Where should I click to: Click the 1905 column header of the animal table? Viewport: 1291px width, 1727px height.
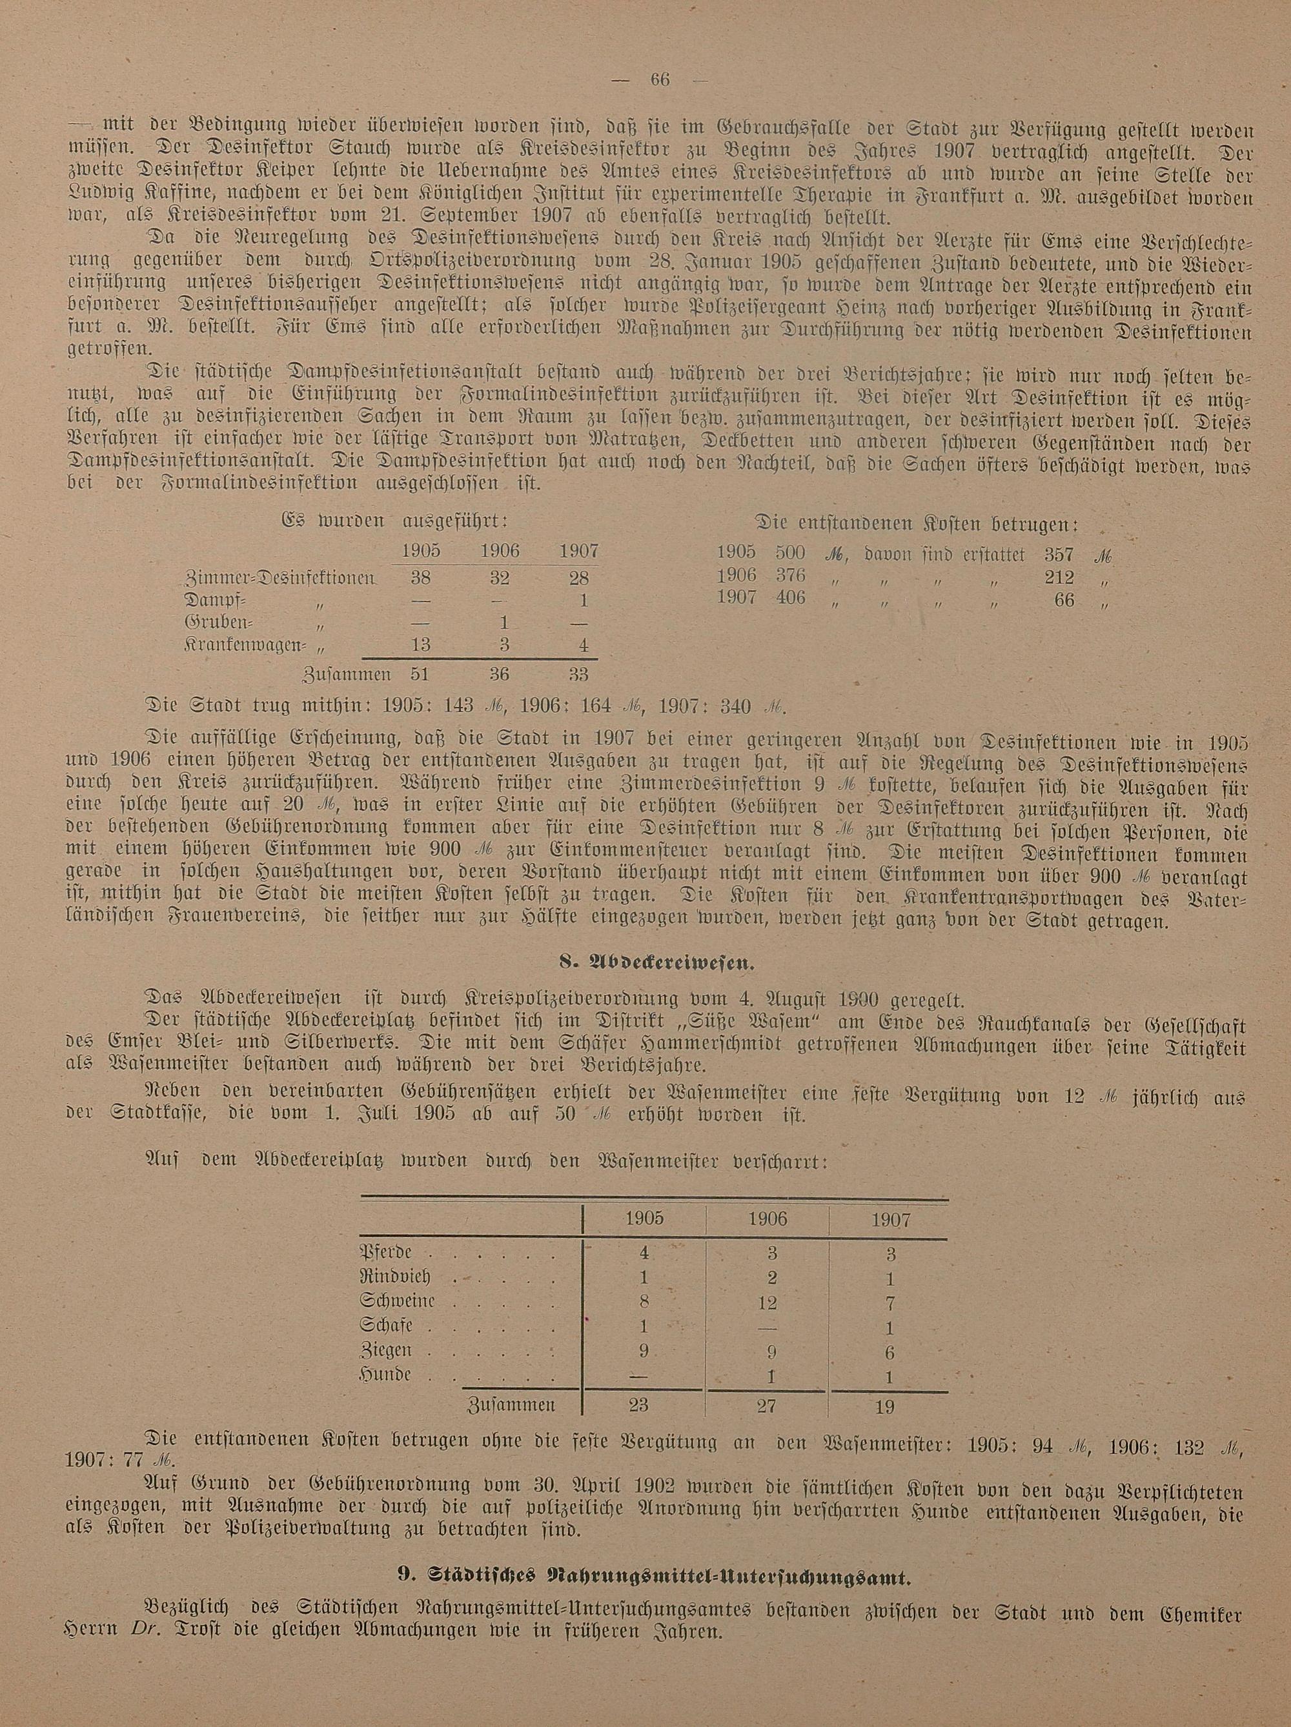[x=645, y=1221]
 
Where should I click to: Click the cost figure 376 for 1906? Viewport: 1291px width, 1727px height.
[x=789, y=576]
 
